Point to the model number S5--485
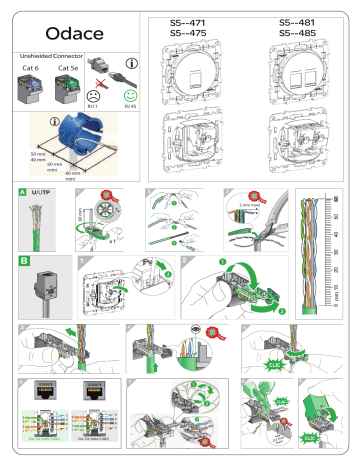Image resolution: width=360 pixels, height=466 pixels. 289,31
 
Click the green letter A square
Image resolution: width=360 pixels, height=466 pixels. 24,191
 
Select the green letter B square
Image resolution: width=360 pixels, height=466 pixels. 24,259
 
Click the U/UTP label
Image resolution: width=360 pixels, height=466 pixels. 43,191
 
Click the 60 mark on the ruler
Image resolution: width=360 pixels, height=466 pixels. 335,198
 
